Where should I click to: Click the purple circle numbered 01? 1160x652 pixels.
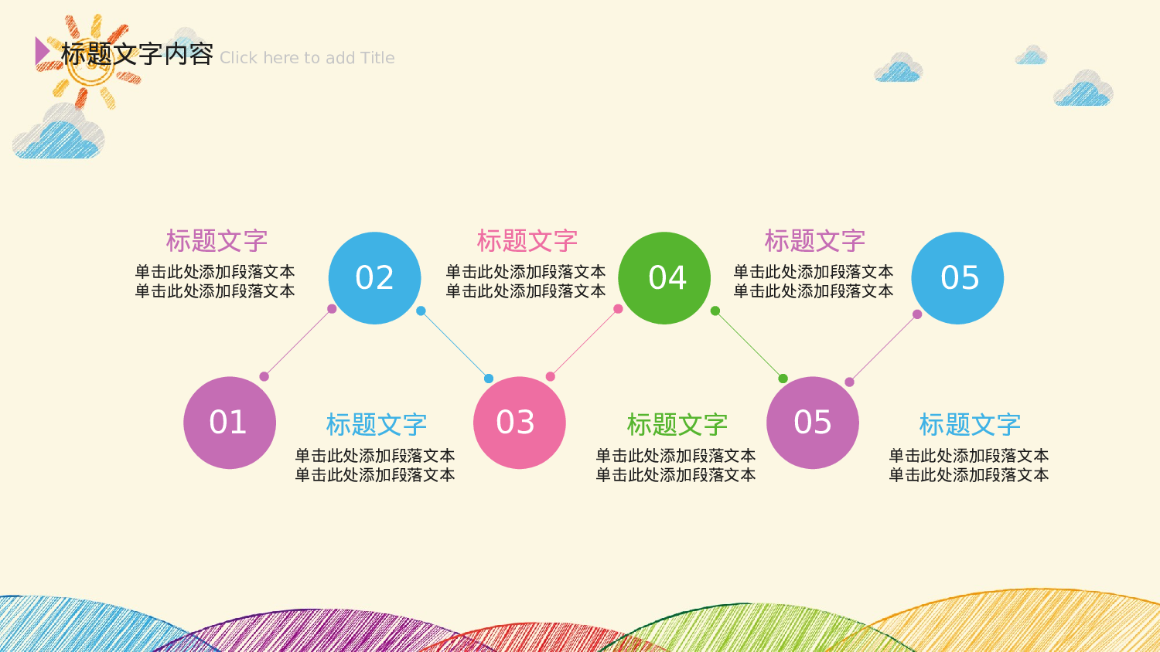(230, 423)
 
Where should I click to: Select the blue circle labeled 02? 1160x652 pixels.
(374, 278)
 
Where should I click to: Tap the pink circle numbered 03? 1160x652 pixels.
(519, 423)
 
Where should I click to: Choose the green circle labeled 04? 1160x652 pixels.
(664, 278)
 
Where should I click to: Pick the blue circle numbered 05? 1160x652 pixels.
(957, 278)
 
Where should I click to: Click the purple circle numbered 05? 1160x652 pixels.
(812, 423)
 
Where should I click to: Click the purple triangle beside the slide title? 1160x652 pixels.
(42, 51)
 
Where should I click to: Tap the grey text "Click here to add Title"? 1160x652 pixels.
(307, 58)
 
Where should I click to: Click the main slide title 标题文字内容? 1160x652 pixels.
(137, 54)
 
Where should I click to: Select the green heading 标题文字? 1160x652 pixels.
(677, 424)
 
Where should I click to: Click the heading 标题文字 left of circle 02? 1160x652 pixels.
(217, 240)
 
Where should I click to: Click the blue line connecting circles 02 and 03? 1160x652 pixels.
(455, 345)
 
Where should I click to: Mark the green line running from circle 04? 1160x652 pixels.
(749, 345)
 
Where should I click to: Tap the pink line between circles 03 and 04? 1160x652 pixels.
(584, 343)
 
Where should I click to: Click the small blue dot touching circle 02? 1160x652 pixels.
(421, 311)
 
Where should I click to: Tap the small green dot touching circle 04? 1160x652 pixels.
(715, 311)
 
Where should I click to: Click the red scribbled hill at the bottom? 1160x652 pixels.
(541, 637)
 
